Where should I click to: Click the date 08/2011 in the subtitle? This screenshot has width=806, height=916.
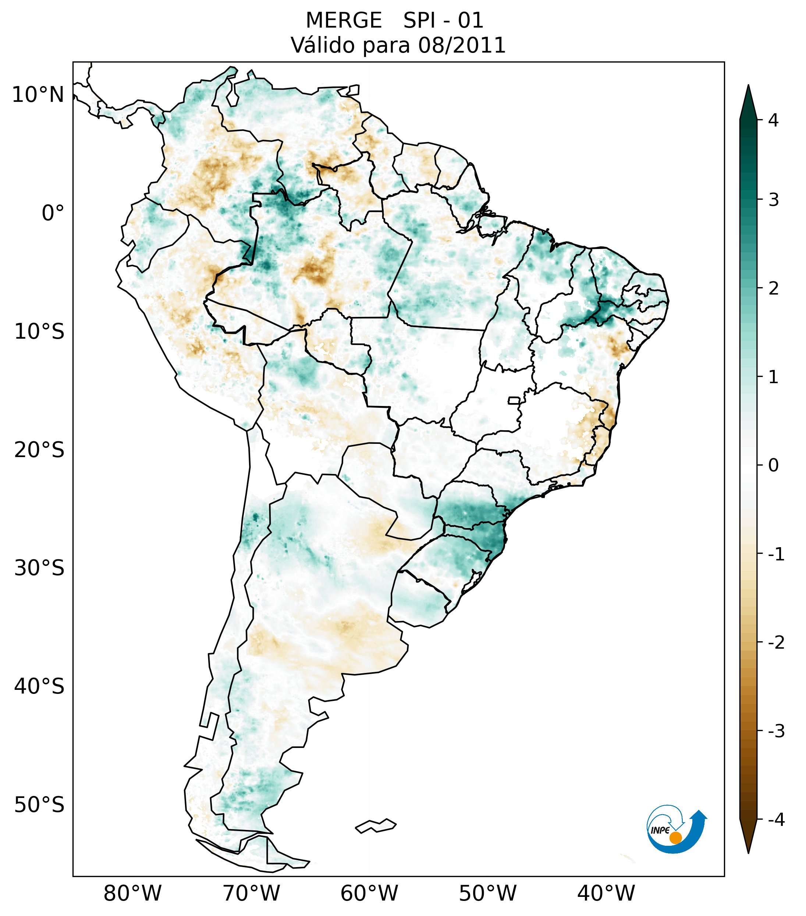[462, 45]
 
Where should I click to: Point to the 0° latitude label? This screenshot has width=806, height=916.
[53, 213]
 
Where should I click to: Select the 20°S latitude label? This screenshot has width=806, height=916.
[39, 450]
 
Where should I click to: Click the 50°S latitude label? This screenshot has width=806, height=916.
[39, 805]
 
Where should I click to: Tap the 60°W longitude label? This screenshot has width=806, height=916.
[369, 893]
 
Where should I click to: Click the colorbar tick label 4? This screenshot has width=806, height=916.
[773, 120]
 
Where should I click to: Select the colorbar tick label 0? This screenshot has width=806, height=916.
[773, 466]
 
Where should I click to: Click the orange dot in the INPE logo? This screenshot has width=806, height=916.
[675, 838]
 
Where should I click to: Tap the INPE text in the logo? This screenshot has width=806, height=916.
[660, 830]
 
